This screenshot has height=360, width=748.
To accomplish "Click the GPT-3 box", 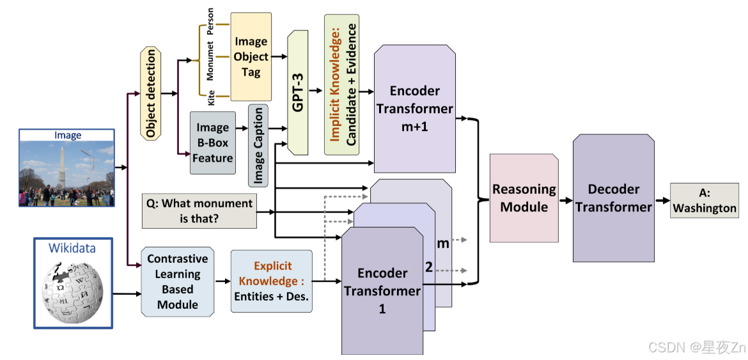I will (299, 92).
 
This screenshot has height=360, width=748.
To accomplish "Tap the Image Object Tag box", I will (251, 57).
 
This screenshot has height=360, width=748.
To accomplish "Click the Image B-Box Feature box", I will (212, 143).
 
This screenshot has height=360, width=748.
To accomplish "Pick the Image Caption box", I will (258, 146).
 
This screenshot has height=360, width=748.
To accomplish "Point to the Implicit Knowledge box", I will (341, 84).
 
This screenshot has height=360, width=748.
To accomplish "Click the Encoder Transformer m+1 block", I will (415, 109).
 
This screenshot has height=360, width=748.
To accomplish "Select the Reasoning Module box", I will (524, 198).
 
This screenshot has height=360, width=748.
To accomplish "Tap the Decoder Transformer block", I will (613, 198).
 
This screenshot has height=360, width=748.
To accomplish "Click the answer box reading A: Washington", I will (705, 200).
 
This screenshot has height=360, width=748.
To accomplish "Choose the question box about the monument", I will (198, 212).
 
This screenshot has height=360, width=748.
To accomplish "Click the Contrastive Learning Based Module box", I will (177, 281).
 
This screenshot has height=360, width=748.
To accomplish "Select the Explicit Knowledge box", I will (272, 281).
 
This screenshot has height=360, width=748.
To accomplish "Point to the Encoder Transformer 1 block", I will (382, 291).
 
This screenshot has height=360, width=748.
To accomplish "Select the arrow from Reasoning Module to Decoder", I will (565, 200).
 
